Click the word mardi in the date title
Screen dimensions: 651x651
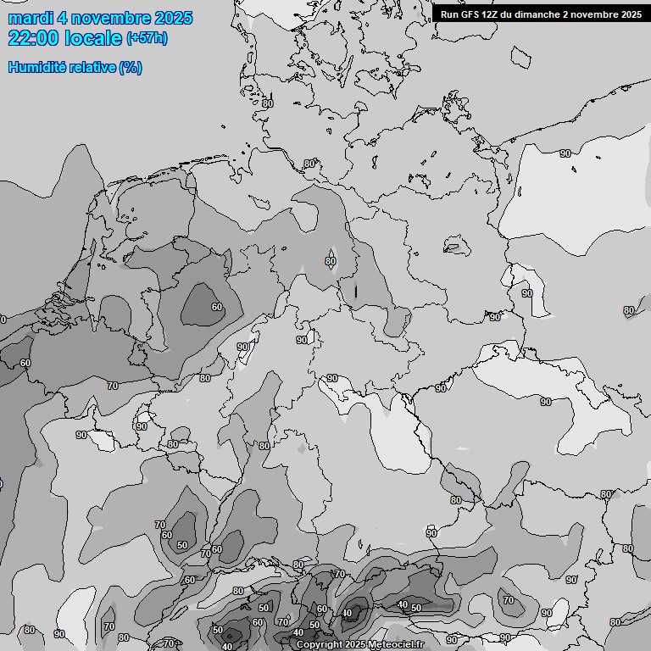[x=31, y=18]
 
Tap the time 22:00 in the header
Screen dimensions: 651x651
[x=33, y=38]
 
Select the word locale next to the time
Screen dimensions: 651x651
[x=92, y=38]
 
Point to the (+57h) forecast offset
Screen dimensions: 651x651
[x=147, y=38]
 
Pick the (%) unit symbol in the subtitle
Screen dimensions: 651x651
[x=131, y=68]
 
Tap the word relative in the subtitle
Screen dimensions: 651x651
[x=92, y=68]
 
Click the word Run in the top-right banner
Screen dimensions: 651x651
[x=449, y=14]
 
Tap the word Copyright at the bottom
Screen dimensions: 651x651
[x=320, y=644]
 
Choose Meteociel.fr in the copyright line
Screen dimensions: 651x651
[x=395, y=644]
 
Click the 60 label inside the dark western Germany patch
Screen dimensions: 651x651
[x=217, y=307]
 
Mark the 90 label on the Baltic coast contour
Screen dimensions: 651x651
[x=565, y=153]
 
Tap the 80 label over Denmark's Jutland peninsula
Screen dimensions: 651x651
[x=268, y=103]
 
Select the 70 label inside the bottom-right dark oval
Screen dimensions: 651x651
[x=509, y=600]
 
